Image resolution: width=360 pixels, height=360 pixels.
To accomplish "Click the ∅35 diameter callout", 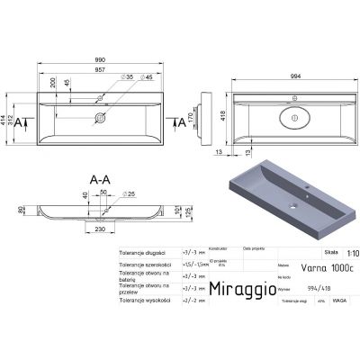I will pyautogui.click(x=129, y=80).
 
